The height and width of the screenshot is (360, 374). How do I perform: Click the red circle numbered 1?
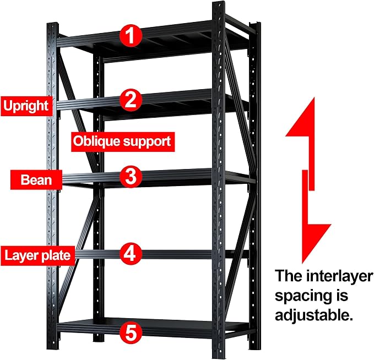point(131,36)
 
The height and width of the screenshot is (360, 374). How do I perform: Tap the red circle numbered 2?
point(131,100)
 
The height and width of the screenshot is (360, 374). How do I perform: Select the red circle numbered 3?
point(131,177)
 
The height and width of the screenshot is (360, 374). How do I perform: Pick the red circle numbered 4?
point(131,254)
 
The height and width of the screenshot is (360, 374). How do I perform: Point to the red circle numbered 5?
point(131,333)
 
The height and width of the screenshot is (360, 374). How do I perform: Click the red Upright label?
point(26,106)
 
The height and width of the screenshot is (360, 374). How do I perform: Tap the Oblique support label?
point(123,142)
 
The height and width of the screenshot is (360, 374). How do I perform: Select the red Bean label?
point(36,180)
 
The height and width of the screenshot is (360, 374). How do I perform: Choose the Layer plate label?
point(37,256)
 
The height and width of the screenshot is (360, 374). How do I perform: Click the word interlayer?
point(340,276)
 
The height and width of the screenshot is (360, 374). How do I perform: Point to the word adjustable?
point(314,315)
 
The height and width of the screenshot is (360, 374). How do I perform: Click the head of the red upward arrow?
point(300,117)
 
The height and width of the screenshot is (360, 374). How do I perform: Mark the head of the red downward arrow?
point(317,244)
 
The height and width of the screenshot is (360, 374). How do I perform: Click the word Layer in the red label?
point(21,256)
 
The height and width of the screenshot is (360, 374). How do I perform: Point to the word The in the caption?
point(289,276)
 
